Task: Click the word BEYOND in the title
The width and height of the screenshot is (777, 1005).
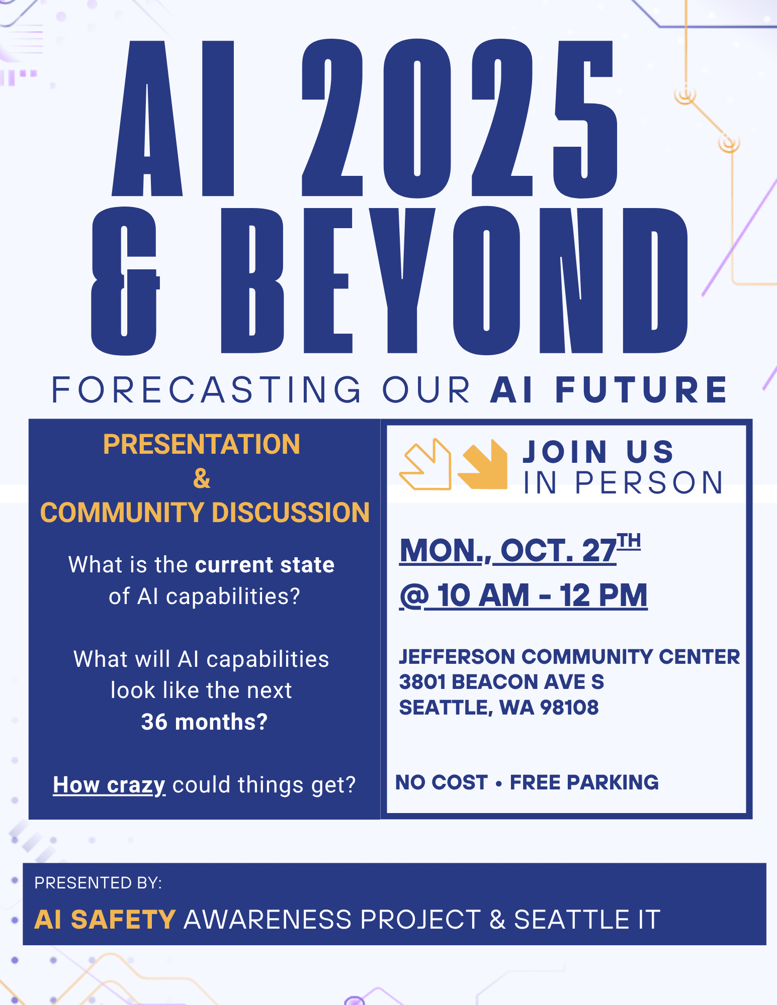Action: (x=454, y=280)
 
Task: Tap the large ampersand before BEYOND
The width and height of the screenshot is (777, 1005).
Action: (x=125, y=280)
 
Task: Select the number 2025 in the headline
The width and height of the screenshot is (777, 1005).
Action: (x=460, y=118)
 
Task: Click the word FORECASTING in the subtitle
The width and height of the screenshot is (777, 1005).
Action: (x=206, y=389)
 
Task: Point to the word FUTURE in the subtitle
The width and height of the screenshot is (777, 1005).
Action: (x=641, y=389)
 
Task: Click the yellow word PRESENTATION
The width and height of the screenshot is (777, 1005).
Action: (x=202, y=444)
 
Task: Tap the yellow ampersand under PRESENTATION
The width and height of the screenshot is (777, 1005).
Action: (x=202, y=478)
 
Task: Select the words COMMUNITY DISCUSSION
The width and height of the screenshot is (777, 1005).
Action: (x=205, y=513)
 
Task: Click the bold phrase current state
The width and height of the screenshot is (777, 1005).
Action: (x=265, y=565)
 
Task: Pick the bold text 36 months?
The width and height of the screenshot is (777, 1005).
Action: (x=204, y=722)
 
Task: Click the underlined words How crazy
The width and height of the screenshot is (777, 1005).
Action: (x=109, y=785)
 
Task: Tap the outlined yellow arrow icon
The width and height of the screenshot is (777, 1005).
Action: (x=425, y=464)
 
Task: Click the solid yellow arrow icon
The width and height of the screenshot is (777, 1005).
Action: (x=483, y=464)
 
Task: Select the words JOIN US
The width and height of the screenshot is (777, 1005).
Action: (x=598, y=452)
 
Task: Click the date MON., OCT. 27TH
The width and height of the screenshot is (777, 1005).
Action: (x=520, y=549)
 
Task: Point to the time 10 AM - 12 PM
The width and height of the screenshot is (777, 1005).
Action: (x=542, y=595)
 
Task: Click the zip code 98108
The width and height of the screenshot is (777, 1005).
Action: (x=569, y=708)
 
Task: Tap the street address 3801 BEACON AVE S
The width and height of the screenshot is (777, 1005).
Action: (x=501, y=682)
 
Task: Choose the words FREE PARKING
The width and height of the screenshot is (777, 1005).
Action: (x=584, y=782)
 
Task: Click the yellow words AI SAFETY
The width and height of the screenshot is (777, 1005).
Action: (x=105, y=920)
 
